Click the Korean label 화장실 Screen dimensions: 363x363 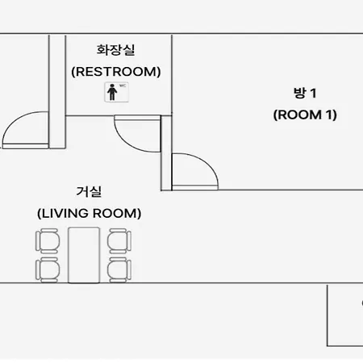point(115,50)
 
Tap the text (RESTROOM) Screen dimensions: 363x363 point(116,72)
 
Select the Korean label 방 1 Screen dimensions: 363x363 point(305,93)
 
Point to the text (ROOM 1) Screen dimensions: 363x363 point(305,115)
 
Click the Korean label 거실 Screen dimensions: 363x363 point(89,192)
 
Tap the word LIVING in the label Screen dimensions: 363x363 point(65,214)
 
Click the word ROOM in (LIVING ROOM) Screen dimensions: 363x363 point(115,214)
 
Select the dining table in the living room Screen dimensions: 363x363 point(84,255)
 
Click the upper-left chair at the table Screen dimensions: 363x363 point(48,240)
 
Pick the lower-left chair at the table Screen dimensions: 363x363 point(48,269)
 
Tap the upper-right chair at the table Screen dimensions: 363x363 point(119,240)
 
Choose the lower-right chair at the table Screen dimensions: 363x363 point(119,269)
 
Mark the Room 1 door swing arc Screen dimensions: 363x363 point(207,163)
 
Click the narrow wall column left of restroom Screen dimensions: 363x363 point(57,91)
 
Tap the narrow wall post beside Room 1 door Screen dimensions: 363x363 point(166,153)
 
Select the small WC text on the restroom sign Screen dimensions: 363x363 point(123,86)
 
